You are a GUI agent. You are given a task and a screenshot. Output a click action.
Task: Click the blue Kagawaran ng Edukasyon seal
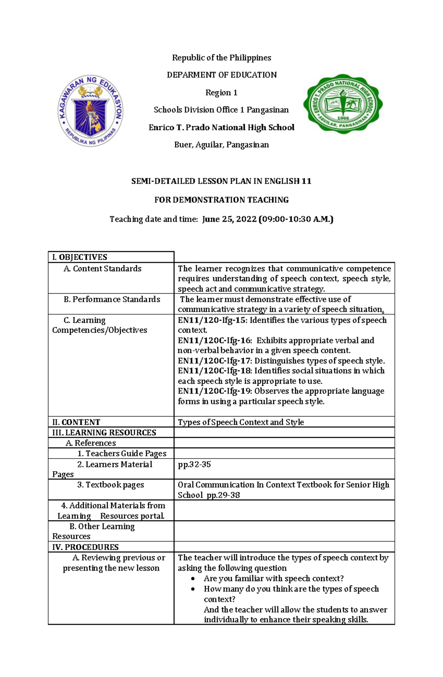(90, 111)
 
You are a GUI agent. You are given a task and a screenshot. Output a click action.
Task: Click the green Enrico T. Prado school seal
(343, 104)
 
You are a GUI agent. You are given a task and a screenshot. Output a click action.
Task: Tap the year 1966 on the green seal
(343, 118)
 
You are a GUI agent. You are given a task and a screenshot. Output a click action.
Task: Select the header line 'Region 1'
(221, 93)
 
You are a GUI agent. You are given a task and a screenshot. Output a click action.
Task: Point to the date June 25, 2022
(229, 219)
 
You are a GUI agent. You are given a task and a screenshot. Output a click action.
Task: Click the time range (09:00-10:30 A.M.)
(296, 219)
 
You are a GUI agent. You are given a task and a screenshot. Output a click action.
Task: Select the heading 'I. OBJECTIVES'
(80, 257)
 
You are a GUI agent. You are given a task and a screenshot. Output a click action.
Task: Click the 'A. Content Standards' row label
(103, 269)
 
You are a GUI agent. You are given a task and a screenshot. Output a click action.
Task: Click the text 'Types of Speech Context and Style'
(241, 422)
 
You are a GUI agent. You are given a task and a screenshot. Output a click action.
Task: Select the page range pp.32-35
(194, 464)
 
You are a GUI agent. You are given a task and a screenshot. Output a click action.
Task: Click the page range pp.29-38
(223, 495)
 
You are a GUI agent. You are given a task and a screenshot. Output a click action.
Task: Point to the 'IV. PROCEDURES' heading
(85, 547)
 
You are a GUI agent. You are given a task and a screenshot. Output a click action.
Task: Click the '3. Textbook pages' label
(111, 485)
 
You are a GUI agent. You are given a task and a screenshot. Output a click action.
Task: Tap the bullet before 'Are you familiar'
(193, 579)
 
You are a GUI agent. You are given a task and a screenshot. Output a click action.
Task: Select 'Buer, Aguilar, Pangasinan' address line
(221, 145)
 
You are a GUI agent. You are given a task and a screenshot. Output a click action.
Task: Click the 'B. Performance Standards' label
(112, 299)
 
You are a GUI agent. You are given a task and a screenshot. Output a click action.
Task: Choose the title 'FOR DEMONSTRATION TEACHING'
(221, 200)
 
